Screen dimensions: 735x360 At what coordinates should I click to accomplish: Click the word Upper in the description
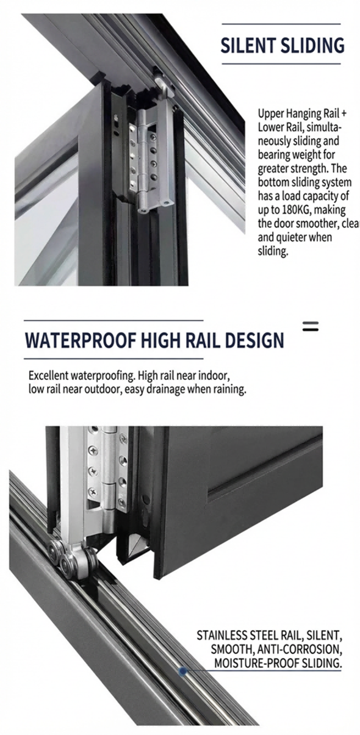pyautogui.click(x=271, y=113)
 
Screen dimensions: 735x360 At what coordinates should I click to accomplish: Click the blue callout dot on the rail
pyautogui.click(x=182, y=671)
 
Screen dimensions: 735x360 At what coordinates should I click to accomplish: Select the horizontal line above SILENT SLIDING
pyautogui.click(x=281, y=24)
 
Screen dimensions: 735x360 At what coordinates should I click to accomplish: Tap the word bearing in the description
pyautogui.click(x=274, y=155)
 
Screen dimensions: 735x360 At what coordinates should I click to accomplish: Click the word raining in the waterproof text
pyautogui.click(x=227, y=389)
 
